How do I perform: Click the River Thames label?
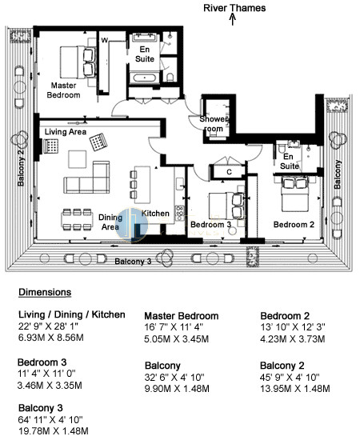(234, 8)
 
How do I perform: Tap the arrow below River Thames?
(233, 20)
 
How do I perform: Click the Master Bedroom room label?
(63, 90)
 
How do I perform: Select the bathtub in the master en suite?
(145, 78)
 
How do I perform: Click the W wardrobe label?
(104, 40)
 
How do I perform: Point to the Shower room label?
(214, 124)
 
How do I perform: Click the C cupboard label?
(229, 172)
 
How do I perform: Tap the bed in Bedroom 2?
(294, 194)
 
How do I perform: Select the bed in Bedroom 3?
(226, 206)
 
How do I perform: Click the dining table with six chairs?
(77, 219)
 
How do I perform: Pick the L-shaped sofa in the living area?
(86, 178)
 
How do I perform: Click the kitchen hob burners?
(180, 213)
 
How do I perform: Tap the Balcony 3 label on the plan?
(133, 261)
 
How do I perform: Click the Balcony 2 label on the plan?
(21, 168)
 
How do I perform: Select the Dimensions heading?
(45, 292)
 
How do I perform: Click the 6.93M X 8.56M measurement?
(51, 338)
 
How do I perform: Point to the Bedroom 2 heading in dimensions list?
(285, 316)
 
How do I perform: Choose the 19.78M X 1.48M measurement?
(54, 430)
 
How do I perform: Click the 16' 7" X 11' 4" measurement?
(174, 327)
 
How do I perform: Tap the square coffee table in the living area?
(78, 159)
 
